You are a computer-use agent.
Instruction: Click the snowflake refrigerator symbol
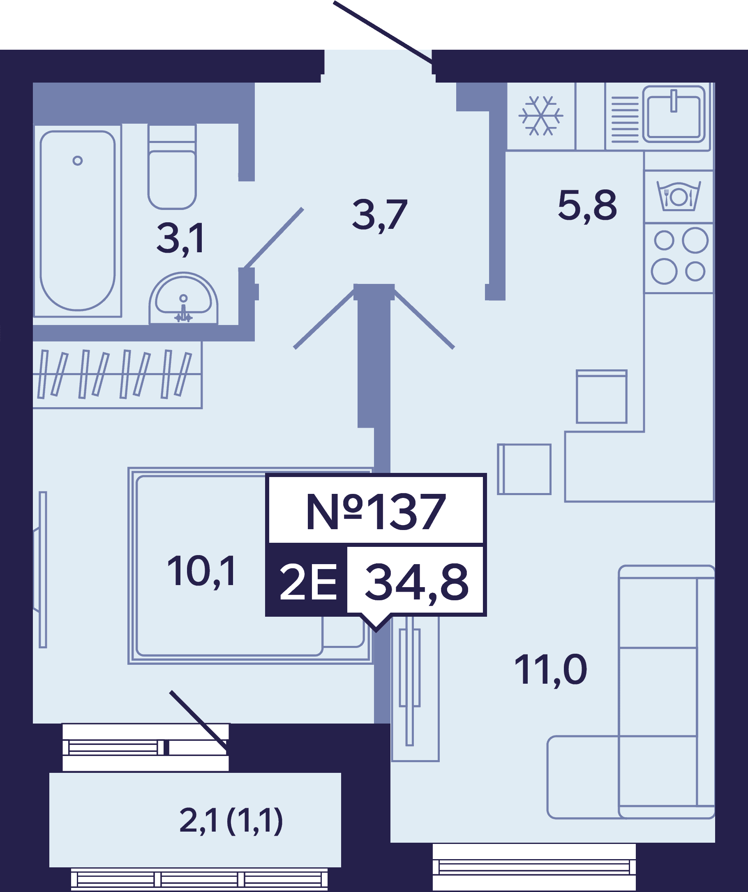tap(540, 115)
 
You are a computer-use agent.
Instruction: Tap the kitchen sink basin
tap(674, 114)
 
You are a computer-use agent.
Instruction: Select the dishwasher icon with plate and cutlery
tap(679, 196)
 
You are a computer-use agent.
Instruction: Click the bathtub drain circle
tap(77, 161)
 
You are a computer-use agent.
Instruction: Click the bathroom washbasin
tap(183, 299)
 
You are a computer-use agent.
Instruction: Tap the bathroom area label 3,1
tap(180, 239)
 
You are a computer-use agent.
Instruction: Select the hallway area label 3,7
tap(379, 215)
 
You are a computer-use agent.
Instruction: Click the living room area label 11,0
tap(550, 670)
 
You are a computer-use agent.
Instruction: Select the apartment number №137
tap(376, 512)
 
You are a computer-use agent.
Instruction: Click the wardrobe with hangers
tap(117, 375)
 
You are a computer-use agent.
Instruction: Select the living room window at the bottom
tap(534, 867)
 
